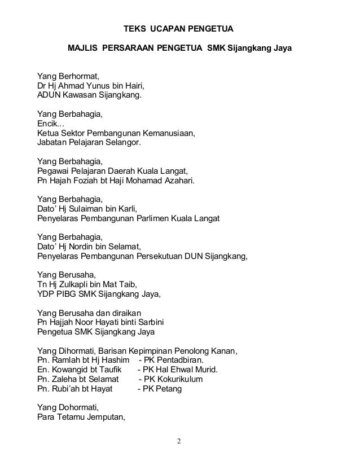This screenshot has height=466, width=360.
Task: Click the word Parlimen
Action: click(156, 219)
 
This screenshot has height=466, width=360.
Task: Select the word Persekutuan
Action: click(166, 257)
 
